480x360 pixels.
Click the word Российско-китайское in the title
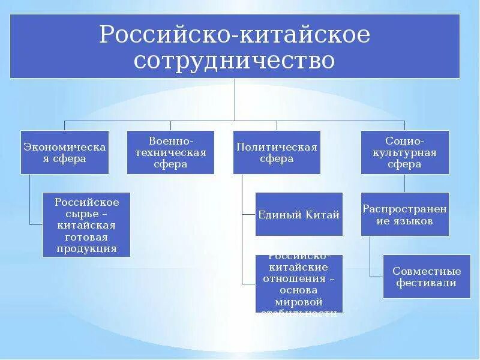(x=235, y=34)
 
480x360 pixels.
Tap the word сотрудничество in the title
(x=235, y=61)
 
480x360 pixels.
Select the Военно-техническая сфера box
(x=170, y=152)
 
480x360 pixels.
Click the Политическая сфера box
(x=277, y=152)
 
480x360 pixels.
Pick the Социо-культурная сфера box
(x=405, y=152)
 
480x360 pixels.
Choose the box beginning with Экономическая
(x=65, y=152)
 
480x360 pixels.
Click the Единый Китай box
(x=299, y=214)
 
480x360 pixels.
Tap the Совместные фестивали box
(x=427, y=277)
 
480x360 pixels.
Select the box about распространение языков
(x=405, y=214)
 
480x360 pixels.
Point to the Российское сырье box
(x=86, y=224)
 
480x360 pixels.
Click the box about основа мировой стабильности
(x=299, y=283)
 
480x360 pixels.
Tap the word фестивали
(x=427, y=283)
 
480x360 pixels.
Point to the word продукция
(x=87, y=248)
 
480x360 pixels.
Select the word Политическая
(x=277, y=146)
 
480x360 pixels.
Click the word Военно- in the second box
(x=170, y=140)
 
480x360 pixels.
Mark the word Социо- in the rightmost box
(x=405, y=140)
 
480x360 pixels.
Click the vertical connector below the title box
(x=235, y=99)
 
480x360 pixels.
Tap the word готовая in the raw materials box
(x=87, y=236)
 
